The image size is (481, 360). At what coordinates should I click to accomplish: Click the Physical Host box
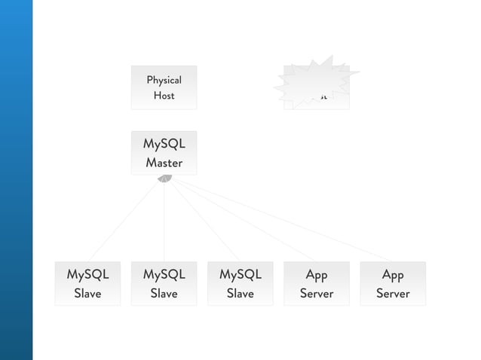[164, 87]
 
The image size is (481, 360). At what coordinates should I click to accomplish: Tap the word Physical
[164, 80]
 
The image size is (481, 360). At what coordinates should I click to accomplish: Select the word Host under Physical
[164, 96]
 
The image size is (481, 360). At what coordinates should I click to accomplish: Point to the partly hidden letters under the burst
[322, 98]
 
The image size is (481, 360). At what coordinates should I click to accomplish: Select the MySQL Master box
[164, 153]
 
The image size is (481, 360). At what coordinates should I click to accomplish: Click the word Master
[164, 162]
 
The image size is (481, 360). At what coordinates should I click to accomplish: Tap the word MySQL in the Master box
[164, 144]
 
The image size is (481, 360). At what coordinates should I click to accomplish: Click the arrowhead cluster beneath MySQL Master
[164, 178]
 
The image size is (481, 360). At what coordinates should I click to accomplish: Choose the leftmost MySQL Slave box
[87, 283]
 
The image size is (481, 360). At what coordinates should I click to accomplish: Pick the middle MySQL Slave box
[164, 283]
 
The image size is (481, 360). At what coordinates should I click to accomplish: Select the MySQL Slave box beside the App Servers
[240, 283]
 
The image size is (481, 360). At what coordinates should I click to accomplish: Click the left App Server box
[317, 283]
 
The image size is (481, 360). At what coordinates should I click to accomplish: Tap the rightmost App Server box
[393, 283]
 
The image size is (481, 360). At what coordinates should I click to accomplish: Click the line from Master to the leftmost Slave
[126, 219]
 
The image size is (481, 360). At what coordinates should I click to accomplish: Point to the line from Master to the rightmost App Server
[279, 219]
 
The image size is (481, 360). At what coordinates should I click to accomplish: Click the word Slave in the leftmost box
[87, 293]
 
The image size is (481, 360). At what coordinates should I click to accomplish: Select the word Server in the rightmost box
[393, 293]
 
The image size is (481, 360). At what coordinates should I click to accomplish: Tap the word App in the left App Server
[317, 275]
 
